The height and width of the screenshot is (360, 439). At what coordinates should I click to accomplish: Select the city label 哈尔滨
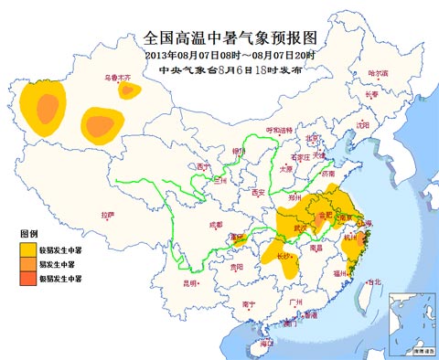pos(378,72)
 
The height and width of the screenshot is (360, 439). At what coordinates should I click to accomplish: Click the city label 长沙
pos(286,257)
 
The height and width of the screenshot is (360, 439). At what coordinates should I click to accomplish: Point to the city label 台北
pos(373,282)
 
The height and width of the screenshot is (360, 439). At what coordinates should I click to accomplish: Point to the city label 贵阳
pos(238,267)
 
